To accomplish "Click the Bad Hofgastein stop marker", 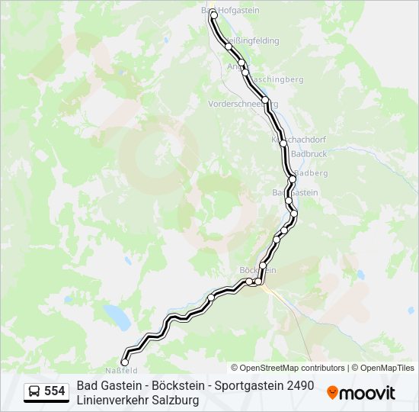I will tap(214, 14).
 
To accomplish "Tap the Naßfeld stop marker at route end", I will tap(125, 362).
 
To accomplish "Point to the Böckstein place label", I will tap(257, 270).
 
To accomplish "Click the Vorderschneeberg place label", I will tap(243, 104).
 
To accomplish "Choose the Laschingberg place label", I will tap(276, 79).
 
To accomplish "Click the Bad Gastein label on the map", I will tap(295, 193).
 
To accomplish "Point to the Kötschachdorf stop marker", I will tap(283, 143).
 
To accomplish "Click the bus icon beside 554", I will tap(34, 391).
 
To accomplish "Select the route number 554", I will tap(55, 391).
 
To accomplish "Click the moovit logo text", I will tap(367, 393).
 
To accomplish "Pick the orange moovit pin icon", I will tap(332, 392).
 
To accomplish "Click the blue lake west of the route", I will tap(117, 314).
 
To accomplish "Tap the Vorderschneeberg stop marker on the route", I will tap(265, 100).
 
